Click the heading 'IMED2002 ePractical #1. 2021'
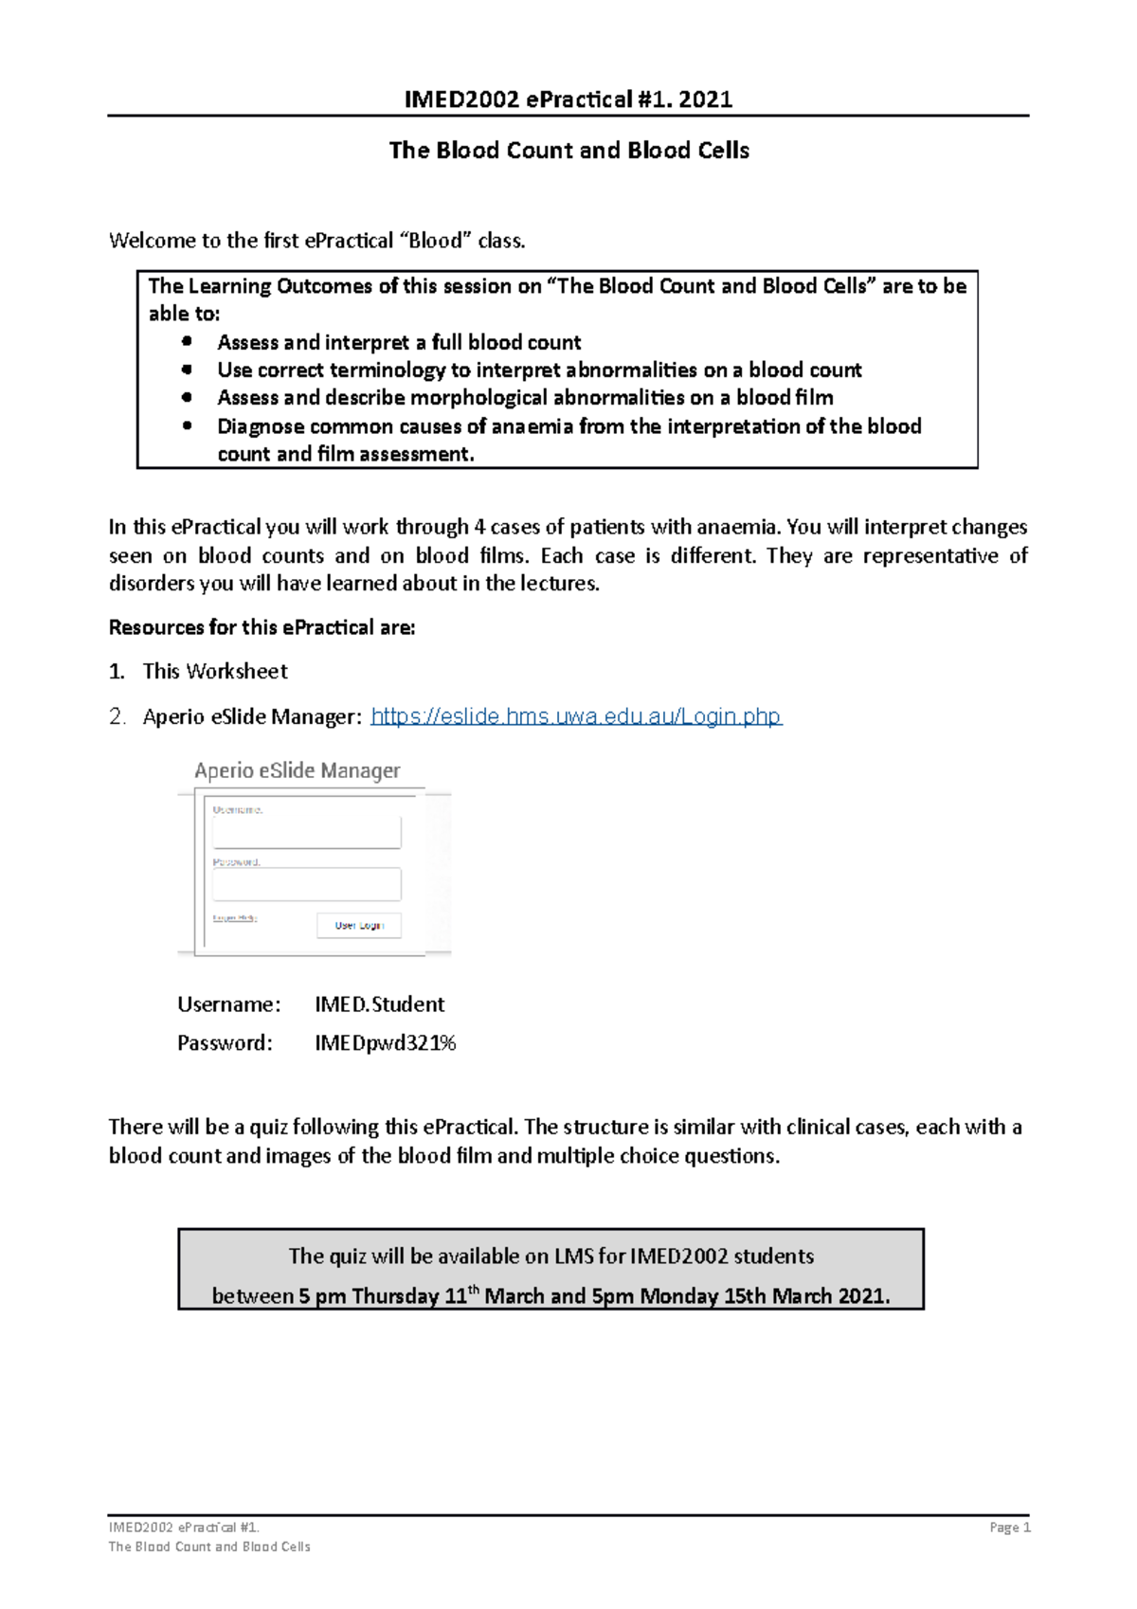(568, 99)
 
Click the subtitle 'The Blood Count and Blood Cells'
(568, 151)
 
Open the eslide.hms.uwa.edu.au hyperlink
(576, 716)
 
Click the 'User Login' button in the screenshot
(358, 925)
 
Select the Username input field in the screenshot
(306, 833)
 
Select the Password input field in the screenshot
(306, 884)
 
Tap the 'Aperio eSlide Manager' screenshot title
(298, 770)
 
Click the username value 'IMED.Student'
(379, 1004)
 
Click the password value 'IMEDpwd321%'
(385, 1043)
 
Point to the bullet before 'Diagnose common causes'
(187, 426)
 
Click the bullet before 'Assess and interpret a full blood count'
(187, 341)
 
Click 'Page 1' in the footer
(1009, 1528)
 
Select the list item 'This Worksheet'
(215, 672)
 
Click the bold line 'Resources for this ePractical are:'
(262, 627)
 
